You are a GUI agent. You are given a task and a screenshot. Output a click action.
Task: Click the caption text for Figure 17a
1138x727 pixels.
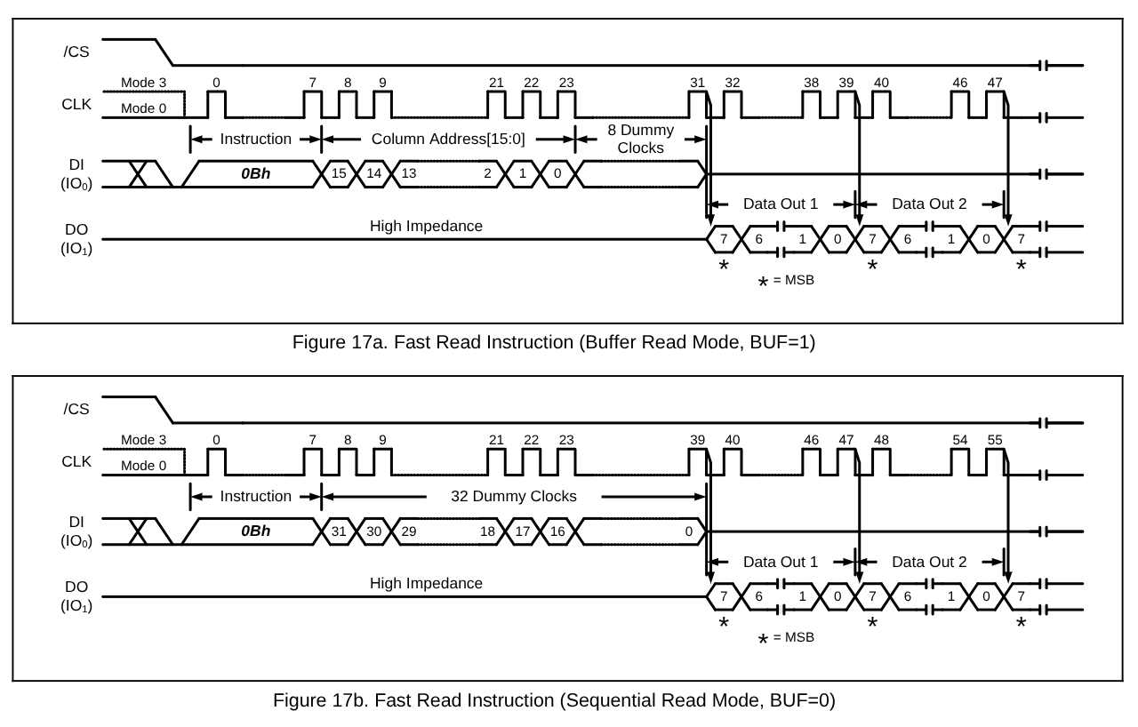[553, 343]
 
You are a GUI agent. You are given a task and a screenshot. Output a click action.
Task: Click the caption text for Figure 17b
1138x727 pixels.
[553, 700]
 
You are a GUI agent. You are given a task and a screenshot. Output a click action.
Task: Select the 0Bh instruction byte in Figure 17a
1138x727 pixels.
[255, 174]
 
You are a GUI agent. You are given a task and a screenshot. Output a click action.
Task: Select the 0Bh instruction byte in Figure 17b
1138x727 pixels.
[255, 531]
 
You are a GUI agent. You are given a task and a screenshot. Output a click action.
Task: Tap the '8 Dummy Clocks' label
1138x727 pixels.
[640, 140]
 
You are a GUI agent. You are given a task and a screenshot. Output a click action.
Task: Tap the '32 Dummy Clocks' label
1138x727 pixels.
[514, 496]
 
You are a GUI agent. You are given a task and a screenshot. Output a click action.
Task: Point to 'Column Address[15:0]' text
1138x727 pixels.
[447, 140]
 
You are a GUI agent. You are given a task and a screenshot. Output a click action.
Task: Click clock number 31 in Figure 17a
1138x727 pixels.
[697, 83]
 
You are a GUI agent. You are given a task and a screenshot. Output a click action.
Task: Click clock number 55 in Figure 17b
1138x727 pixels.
[995, 440]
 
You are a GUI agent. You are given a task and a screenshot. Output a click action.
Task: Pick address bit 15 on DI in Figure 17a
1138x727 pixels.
[339, 174]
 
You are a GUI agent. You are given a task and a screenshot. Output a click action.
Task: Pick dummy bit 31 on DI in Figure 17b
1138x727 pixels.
[339, 531]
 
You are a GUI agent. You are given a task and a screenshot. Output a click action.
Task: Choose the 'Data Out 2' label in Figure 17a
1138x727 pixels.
[929, 204]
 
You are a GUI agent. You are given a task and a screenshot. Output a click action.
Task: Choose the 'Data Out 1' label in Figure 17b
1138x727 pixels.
[781, 562]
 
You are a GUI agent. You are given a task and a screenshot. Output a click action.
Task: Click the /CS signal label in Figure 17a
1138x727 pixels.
[76, 52]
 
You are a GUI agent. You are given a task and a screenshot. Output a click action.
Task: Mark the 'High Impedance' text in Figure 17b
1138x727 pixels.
[426, 584]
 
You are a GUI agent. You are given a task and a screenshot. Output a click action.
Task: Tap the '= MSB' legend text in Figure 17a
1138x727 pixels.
[793, 281]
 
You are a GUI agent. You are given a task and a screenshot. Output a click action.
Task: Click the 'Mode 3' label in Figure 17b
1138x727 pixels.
[143, 440]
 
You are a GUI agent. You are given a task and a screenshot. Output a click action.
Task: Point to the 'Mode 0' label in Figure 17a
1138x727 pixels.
[143, 108]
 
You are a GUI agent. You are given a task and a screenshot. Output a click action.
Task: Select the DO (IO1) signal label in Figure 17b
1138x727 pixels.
[76, 595]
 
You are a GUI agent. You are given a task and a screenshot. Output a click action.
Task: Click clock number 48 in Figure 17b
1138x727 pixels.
[881, 440]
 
